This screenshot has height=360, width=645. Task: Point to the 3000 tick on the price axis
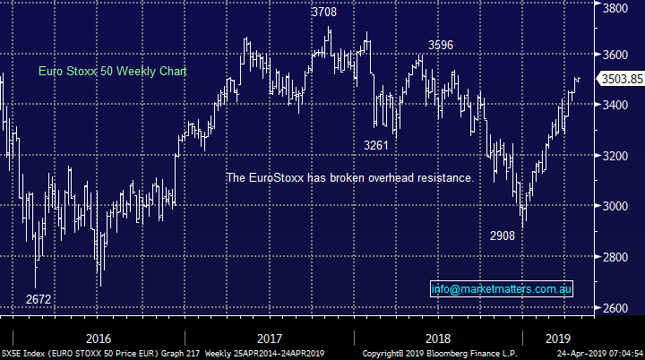point(614,206)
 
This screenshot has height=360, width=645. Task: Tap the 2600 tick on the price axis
point(614,308)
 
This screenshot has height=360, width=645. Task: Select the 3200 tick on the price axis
point(614,156)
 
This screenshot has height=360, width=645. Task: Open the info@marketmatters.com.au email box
point(501,288)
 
